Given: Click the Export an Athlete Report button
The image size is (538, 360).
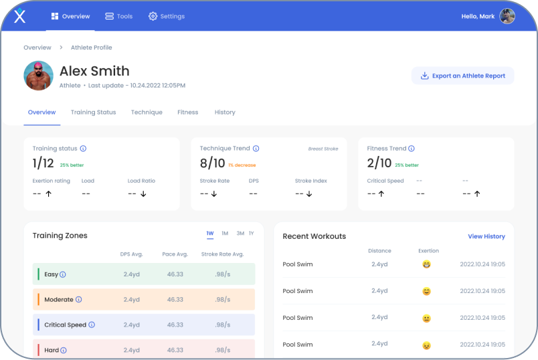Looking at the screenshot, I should click(462, 76).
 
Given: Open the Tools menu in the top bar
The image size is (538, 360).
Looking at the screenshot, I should click(119, 16).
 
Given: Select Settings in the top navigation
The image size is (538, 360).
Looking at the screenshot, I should click(167, 16).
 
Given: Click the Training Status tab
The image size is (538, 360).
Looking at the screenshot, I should click(93, 112).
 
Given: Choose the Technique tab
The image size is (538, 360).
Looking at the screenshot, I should click(147, 112).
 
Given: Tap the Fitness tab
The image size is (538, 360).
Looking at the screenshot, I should click(188, 112).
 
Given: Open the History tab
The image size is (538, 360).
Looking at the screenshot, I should click(225, 112).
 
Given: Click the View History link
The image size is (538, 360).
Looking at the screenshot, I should click(486, 236).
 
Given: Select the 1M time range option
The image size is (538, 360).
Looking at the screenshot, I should click(225, 234).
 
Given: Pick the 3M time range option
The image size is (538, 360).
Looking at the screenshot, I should click(240, 234).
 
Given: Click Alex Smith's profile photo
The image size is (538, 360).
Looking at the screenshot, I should click(38, 76).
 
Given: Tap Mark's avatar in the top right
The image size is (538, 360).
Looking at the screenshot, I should click(507, 16).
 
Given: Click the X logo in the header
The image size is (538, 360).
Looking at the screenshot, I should click(20, 16).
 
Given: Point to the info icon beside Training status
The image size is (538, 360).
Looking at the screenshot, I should click(83, 149).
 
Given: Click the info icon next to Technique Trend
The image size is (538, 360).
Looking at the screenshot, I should click(256, 149).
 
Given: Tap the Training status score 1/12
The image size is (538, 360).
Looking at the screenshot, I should click(43, 163).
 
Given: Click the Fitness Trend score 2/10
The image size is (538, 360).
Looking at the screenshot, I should click(379, 163).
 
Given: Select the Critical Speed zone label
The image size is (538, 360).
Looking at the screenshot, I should click(65, 325).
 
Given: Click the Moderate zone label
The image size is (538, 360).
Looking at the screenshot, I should click(58, 300).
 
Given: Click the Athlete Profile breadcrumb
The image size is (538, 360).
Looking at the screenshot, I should click(92, 48).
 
